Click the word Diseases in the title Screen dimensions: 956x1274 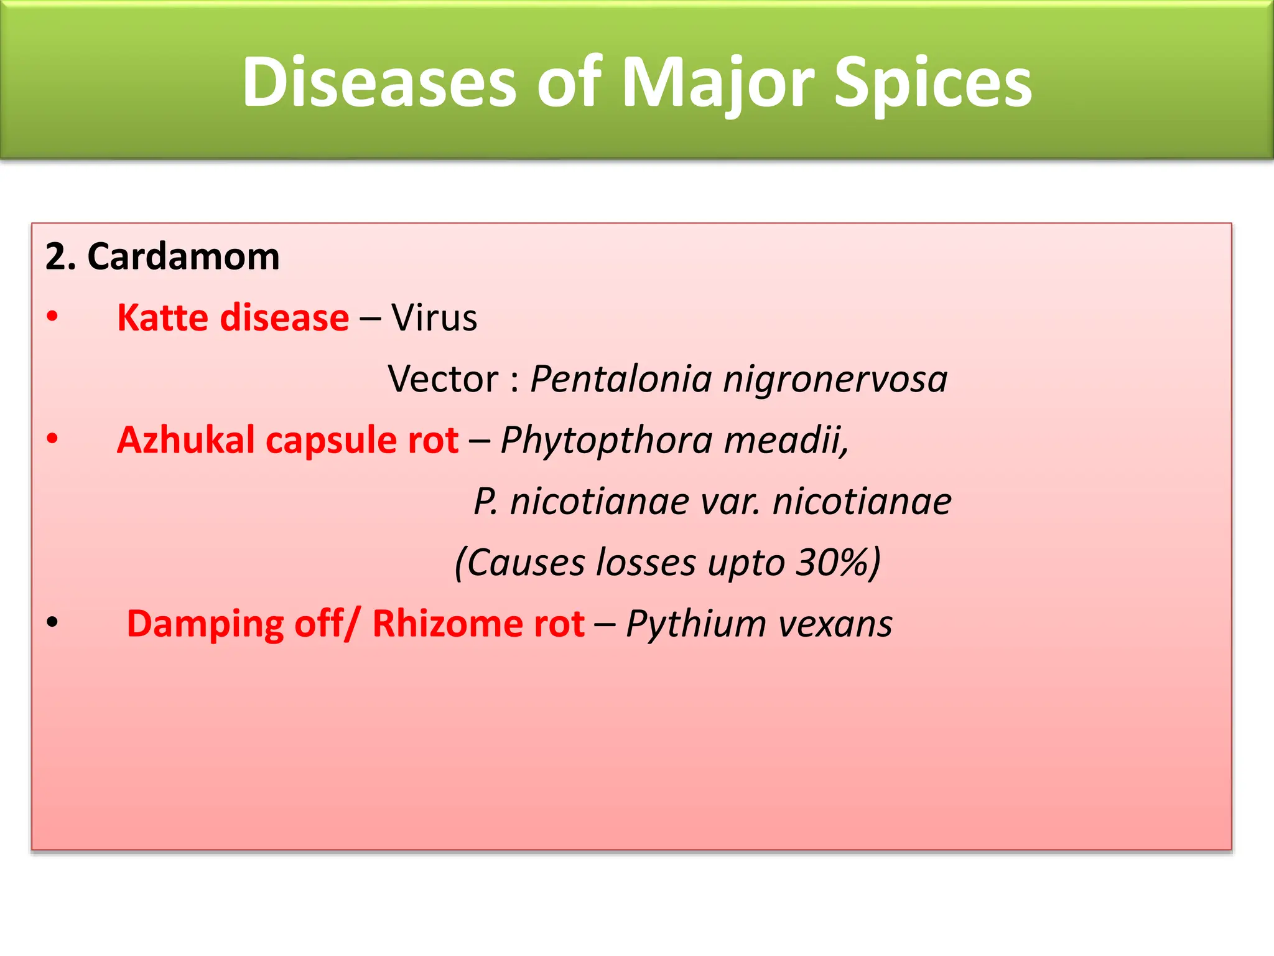[x=379, y=83]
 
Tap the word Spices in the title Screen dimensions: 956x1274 [x=932, y=83]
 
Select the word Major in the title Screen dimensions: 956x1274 [x=717, y=83]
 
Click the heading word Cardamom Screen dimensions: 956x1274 [x=184, y=256]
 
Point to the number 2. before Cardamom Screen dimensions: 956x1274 [x=60, y=256]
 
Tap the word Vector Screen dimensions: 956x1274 [x=443, y=378]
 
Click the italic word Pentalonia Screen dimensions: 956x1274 [x=621, y=378]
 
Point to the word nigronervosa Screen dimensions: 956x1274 [x=835, y=378]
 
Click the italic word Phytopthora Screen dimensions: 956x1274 [x=607, y=440]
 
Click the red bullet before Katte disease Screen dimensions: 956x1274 [x=52, y=316]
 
